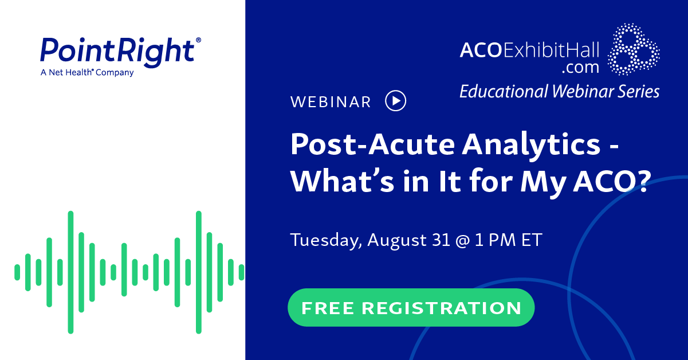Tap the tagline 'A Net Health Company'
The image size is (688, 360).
pyautogui.click(x=87, y=73)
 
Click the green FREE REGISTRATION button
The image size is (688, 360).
pyautogui.click(x=411, y=308)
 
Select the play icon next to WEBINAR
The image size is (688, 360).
pyautogui.click(x=395, y=101)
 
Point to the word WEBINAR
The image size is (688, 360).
pyautogui.click(x=331, y=102)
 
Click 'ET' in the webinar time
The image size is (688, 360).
pyautogui.click(x=531, y=240)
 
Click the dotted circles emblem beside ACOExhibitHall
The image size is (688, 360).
pyautogui.click(x=633, y=50)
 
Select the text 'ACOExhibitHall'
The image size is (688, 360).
pyautogui.click(x=529, y=50)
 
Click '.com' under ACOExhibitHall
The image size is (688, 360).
pyautogui.click(x=580, y=68)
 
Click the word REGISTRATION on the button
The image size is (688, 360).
pyautogui.click(x=441, y=308)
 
